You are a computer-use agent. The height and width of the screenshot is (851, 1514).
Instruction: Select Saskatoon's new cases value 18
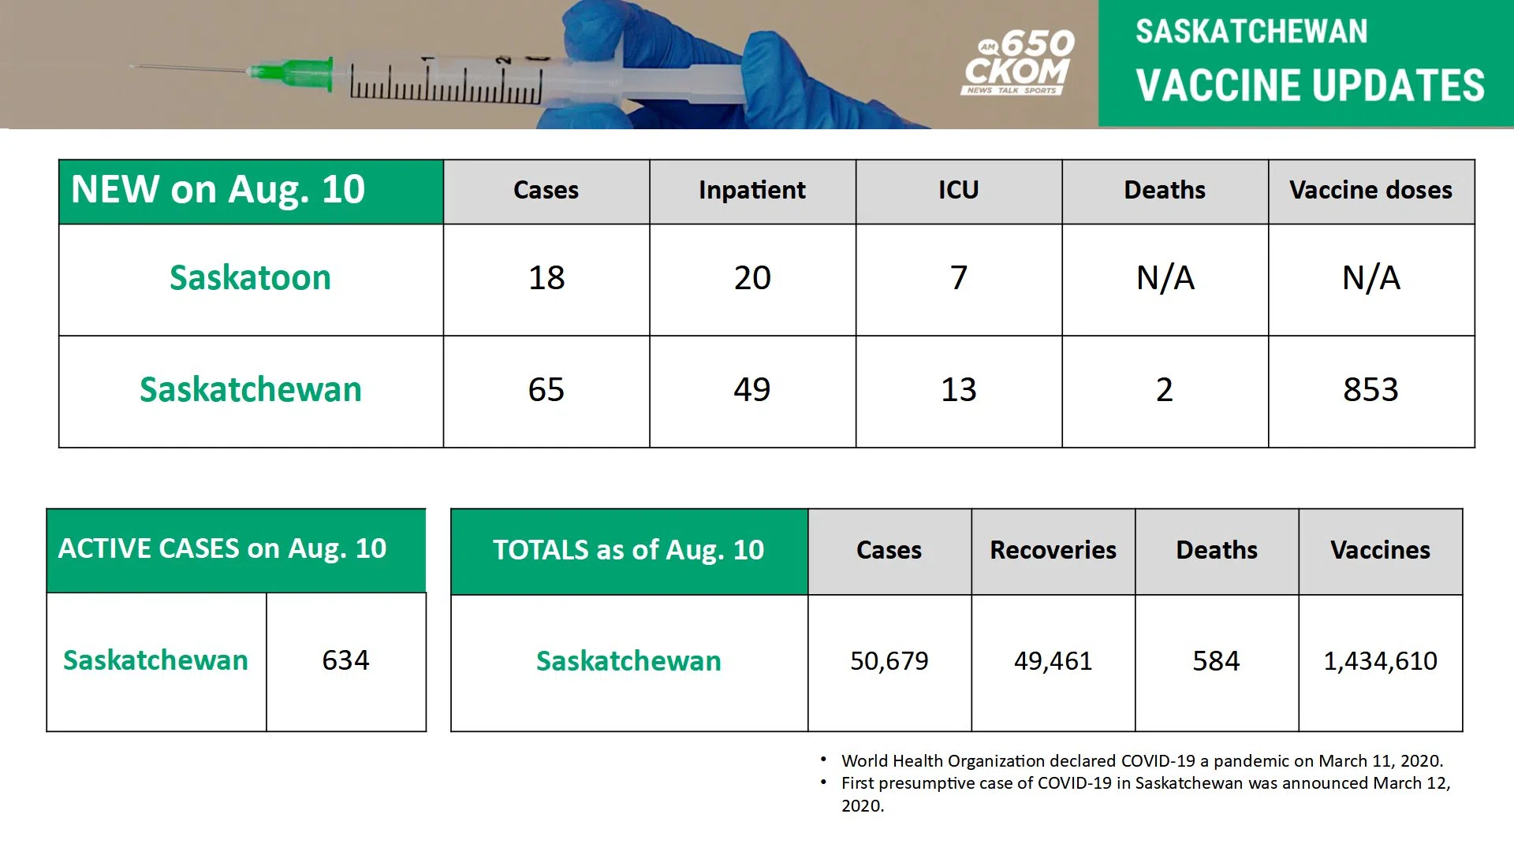pyautogui.click(x=546, y=278)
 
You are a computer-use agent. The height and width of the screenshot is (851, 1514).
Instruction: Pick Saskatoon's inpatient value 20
pyautogui.click(x=752, y=278)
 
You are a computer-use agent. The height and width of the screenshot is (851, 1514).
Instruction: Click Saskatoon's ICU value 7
pyautogui.click(x=958, y=278)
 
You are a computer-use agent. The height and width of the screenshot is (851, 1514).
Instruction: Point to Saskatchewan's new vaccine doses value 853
pyautogui.click(x=1370, y=390)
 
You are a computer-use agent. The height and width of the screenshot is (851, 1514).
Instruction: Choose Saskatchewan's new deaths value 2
pyautogui.click(x=1165, y=390)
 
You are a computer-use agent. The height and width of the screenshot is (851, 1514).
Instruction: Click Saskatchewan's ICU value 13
pyautogui.click(x=958, y=390)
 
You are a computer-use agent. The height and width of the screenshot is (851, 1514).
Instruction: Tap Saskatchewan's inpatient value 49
pyautogui.click(x=752, y=390)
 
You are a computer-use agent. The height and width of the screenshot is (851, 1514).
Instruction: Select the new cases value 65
pyautogui.click(x=546, y=390)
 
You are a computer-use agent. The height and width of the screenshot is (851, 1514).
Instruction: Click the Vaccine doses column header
pyautogui.click(x=1370, y=190)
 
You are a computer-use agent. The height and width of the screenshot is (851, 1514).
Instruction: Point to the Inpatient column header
pyautogui.click(x=752, y=190)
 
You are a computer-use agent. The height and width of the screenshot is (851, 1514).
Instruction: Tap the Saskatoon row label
pyautogui.click(x=250, y=278)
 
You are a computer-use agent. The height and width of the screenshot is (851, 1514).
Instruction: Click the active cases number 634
pyautogui.click(x=345, y=660)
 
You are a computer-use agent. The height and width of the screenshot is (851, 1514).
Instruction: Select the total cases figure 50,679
pyautogui.click(x=889, y=661)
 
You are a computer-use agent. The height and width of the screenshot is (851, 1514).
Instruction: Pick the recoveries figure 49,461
pyautogui.click(x=1053, y=661)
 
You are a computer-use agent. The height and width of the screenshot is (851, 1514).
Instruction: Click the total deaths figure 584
pyautogui.click(x=1216, y=661)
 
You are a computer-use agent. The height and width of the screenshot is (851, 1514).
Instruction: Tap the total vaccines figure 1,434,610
pyautogui.click(x=1380, y=661)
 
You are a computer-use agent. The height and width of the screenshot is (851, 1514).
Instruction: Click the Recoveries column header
pyautogui.click(x=1053, y=550)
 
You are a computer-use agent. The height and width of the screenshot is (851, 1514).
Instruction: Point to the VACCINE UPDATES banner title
pyautogui.click(x=1310, y=85)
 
